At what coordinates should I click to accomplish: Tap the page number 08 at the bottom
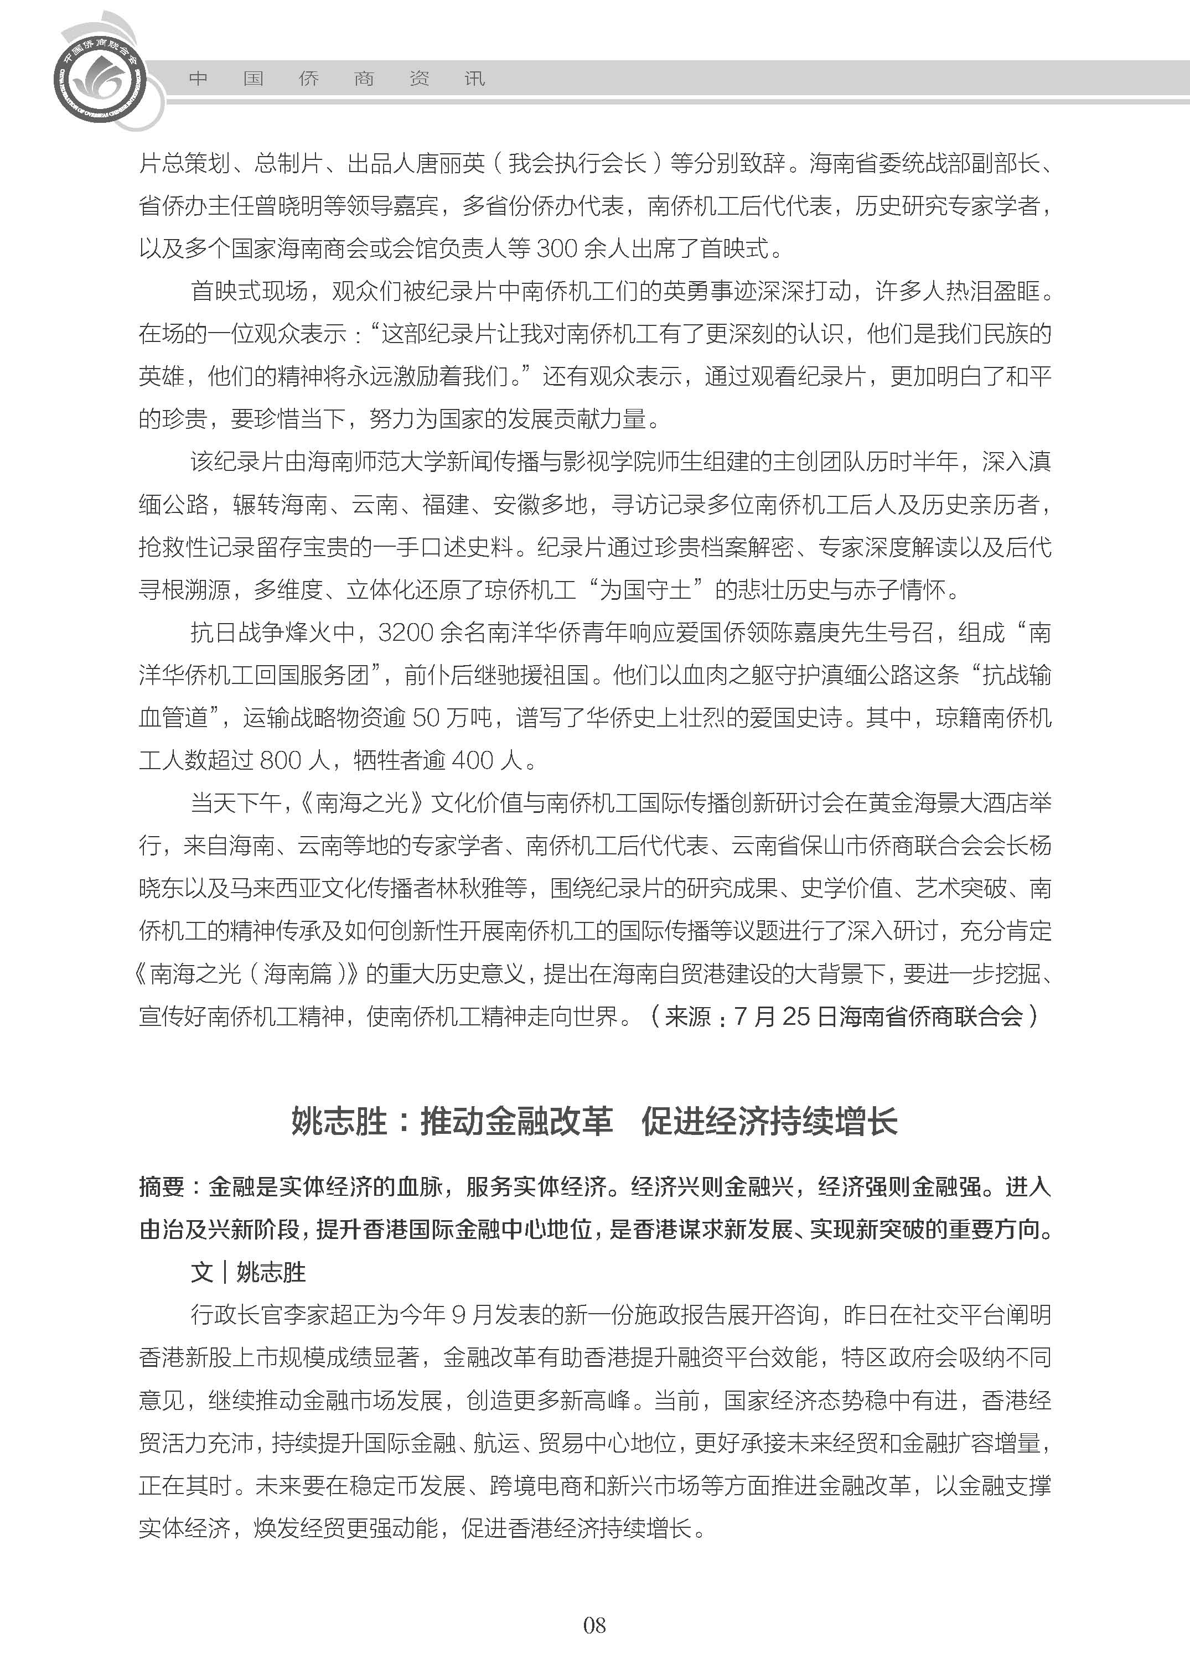coord(594,1625)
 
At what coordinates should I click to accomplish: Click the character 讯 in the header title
coord(475,79)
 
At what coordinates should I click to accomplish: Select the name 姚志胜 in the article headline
coord(339,1122)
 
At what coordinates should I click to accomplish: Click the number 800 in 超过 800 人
coord(281,760)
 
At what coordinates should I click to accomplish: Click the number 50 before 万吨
coord(426,718)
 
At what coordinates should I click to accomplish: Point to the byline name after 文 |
coord(271,1273)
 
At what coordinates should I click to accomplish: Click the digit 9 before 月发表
coord(459,1314)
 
